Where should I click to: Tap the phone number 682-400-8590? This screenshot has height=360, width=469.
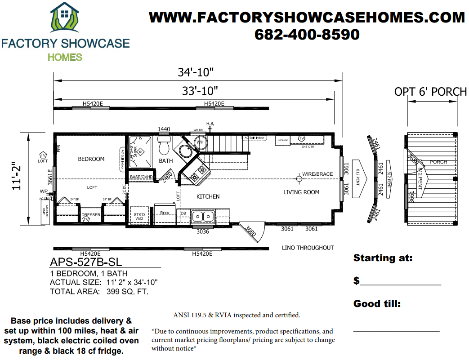[x=307, y=35]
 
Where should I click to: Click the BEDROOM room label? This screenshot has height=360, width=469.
[x=91, y=159]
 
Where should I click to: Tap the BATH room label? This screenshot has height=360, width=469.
[x=166, y=160]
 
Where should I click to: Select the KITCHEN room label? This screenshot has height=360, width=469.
[x=208, y=196]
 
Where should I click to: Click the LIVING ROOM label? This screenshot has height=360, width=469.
[x=301, y=192]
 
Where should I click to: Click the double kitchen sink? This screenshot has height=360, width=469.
[x=202, y=217]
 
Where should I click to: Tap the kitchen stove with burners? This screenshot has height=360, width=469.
[x=198, y=173]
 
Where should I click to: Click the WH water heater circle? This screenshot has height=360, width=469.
[x=200, y=142]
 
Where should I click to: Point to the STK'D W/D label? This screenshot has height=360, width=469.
[x=139, y=216]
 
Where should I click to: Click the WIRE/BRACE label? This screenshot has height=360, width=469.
[x=318, y=174]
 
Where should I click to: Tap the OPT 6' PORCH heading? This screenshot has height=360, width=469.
[x=430, y=92]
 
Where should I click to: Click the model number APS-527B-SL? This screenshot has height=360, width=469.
[x=85, y=262]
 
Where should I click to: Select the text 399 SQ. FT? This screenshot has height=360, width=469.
[x=128, y=291]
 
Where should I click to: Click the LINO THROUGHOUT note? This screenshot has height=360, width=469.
[x=308, y=248]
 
